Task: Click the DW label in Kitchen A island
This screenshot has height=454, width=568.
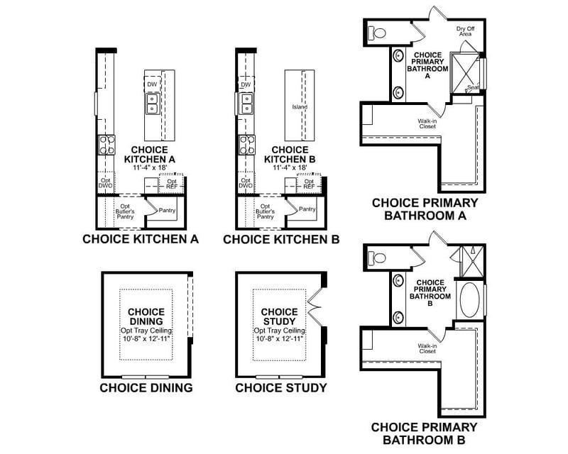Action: (x=151, y=84)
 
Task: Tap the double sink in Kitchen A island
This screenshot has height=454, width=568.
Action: (x=151, y=106)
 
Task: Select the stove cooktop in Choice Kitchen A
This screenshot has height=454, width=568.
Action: (x=106, y=145)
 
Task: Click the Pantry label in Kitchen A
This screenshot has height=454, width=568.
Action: (x=167, y=210)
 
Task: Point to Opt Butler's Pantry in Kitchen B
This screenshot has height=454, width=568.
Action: (x=265, y=211)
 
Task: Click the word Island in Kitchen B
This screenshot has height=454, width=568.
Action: (x=299, y=108)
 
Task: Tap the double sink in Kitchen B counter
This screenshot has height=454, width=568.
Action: (x=246, y=106)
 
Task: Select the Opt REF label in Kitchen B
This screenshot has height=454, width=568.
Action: (x=309, y=184)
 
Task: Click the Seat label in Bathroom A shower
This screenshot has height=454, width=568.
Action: (x=471, y=87)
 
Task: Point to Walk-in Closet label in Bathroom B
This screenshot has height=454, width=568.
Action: (x=427, y=348)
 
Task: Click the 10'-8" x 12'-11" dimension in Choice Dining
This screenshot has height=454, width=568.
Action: (x=146, y=338)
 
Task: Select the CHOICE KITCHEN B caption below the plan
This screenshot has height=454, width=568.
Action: (x=281, y=240)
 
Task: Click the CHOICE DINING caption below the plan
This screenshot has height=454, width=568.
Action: (x=146, y=388)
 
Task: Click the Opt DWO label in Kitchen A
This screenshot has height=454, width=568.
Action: (x=105, y=184)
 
